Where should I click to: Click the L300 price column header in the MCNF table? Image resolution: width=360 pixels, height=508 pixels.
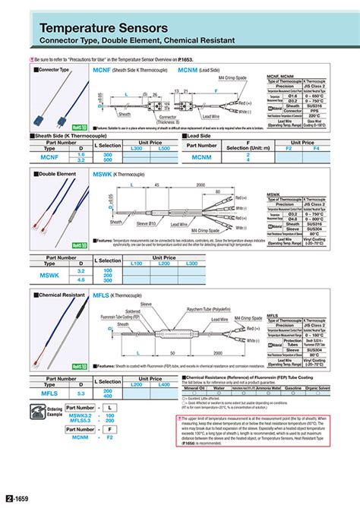137,148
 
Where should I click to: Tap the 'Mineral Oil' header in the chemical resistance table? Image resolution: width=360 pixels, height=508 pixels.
196,387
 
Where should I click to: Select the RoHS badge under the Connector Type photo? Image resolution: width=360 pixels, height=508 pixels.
77,128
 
